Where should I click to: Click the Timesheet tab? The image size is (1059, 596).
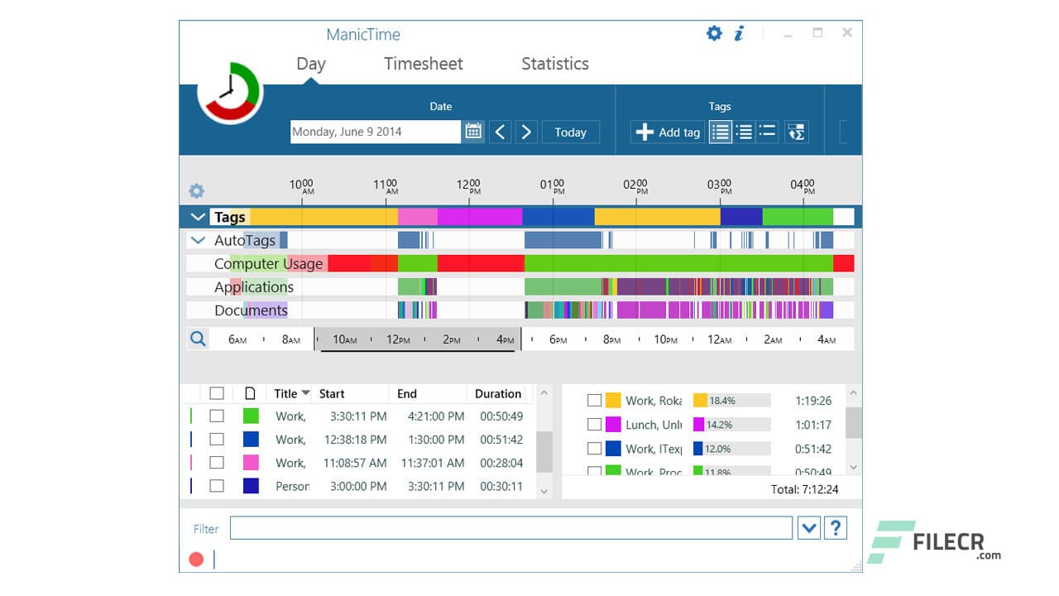(423, 64)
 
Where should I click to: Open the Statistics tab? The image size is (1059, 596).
(554, 64)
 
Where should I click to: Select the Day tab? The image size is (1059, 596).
(311, 64)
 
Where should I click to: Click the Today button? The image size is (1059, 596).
(570, 132)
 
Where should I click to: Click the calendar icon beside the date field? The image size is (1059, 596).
(473, 132)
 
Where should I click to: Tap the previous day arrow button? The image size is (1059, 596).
(500, 132)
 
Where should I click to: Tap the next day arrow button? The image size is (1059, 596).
(526, 132)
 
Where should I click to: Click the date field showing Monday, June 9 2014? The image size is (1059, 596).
(375, 132)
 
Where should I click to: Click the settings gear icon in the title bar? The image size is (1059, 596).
(714, 33)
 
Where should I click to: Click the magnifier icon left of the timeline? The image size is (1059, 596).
(198, 339)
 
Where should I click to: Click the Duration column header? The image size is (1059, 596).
(497, 394)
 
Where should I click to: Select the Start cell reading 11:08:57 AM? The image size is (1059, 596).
(354, 463)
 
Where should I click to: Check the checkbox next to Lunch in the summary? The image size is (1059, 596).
(594, 425)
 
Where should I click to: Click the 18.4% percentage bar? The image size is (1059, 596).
(731, 401)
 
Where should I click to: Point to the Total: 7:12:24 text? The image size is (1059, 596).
(804, 489)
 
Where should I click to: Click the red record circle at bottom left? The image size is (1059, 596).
(196, 559)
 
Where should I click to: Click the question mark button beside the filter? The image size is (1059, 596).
(836, 528)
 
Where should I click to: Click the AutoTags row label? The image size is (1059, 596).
(244, 241)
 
